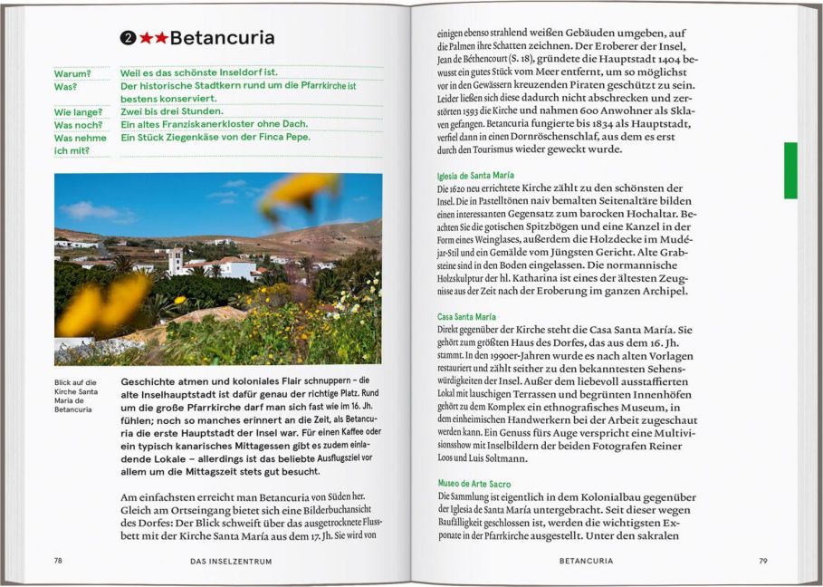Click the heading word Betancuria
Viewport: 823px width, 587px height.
coord(222,38)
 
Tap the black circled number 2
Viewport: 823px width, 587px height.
coord(129,38)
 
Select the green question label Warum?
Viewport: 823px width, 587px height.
coord(72,73)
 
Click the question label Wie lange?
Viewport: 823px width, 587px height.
coord(75,112)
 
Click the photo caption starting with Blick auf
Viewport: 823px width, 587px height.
coord(74,396)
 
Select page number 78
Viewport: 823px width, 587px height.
coord(58,561)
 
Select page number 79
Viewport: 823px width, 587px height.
coord(763,561)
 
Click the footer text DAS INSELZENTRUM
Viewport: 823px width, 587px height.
coord(231,561)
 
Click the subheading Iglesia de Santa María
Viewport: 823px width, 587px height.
coord(475,175)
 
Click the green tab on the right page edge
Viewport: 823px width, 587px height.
coord(790,169)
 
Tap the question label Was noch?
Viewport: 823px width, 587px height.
coord(74,125)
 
